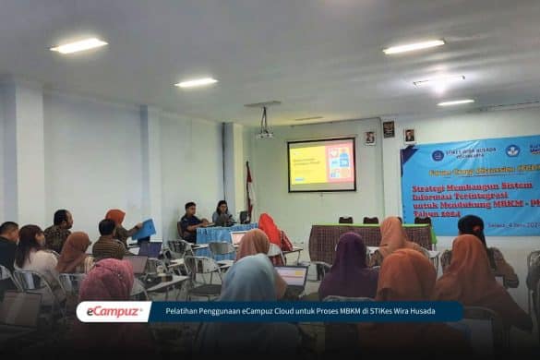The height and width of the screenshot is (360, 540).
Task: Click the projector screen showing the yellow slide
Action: (321, 164)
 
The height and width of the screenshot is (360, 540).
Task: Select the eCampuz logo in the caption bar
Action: (113, 312)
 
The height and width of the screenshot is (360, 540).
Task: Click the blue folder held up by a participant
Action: (145, 229)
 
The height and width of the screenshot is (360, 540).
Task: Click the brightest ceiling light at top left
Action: (78, 45)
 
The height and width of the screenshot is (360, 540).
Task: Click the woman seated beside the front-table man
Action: (222, 213)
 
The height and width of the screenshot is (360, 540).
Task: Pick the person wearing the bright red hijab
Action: (270, 231)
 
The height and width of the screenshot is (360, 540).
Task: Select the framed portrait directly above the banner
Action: (408, 135)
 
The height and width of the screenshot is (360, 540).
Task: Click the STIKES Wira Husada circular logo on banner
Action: (438, 155)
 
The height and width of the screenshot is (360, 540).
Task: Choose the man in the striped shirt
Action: (107, 242)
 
